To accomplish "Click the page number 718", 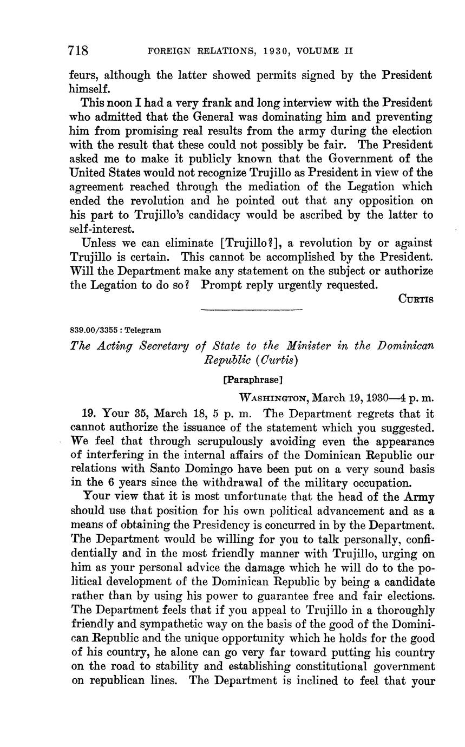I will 78,51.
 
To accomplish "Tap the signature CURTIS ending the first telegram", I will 416,298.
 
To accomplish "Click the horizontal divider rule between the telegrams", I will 251,310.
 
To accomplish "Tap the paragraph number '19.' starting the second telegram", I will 89,413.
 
